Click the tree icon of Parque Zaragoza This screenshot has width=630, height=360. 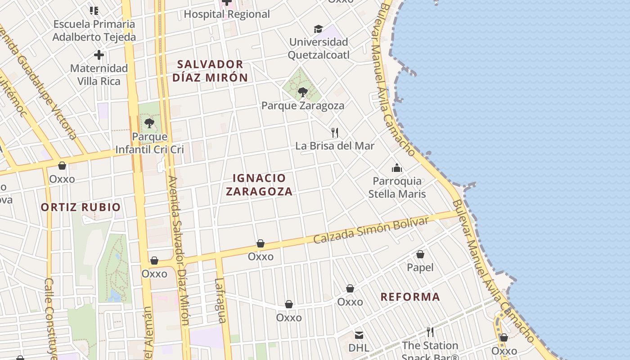pyautogui.click(x=303, y=92)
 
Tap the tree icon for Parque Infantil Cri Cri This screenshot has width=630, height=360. pyautogui.click(x=149, y=123)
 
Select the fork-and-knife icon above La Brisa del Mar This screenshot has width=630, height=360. pyautogui.click(x=334, y=132)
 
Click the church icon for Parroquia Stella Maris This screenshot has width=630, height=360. pyautogui.click(x=397, y=168)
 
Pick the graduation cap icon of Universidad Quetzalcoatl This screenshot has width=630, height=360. pyautogui.click(x=319, y=29)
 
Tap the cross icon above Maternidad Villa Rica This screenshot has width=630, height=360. pyautogui.click(x=99, y=55)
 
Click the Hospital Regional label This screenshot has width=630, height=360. pyautogui.click(x=227, y=14)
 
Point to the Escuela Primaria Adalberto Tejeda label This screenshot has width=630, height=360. pyautogui.click(x=94, y=31)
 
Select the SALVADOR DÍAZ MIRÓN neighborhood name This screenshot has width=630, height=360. pyautogui.click(x=210, y=71)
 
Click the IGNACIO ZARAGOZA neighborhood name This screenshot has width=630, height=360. pyautogui.click(x=259, y=184)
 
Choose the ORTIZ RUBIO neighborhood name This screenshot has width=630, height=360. pyautogui.click(x=81, y=207)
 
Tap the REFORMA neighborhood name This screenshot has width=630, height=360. pyautogui.click(x=410, y=297)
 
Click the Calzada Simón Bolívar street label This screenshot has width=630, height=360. pyautogui.click(x=371, y=230)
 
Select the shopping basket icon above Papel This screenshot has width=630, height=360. pyautogui.click(x=420, y=254)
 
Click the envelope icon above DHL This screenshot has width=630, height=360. pyautogui.click(x=359, y=335)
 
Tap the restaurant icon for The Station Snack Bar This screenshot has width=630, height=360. pyautogui.click(x=430, y=332)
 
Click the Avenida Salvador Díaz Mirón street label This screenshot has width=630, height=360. pyautogui.click(x=179, y=250)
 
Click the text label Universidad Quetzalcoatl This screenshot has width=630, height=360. pyautogui.click(x=319, y=49)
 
